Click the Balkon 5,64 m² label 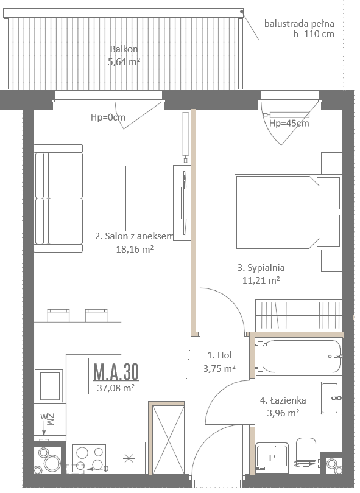[124, 55]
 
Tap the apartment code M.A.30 [116, 372]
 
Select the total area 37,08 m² [116, 388]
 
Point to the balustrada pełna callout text [299, 29]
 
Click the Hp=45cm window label [289, 123]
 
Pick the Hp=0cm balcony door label [108, 117]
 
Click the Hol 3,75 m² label [219, 362]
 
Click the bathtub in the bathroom [298, 357]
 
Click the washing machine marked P [272, 458]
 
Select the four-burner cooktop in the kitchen [90, 458]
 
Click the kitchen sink [49, 386]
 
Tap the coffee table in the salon [109, 198]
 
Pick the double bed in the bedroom [288, 212]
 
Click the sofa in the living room [58, 198]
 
